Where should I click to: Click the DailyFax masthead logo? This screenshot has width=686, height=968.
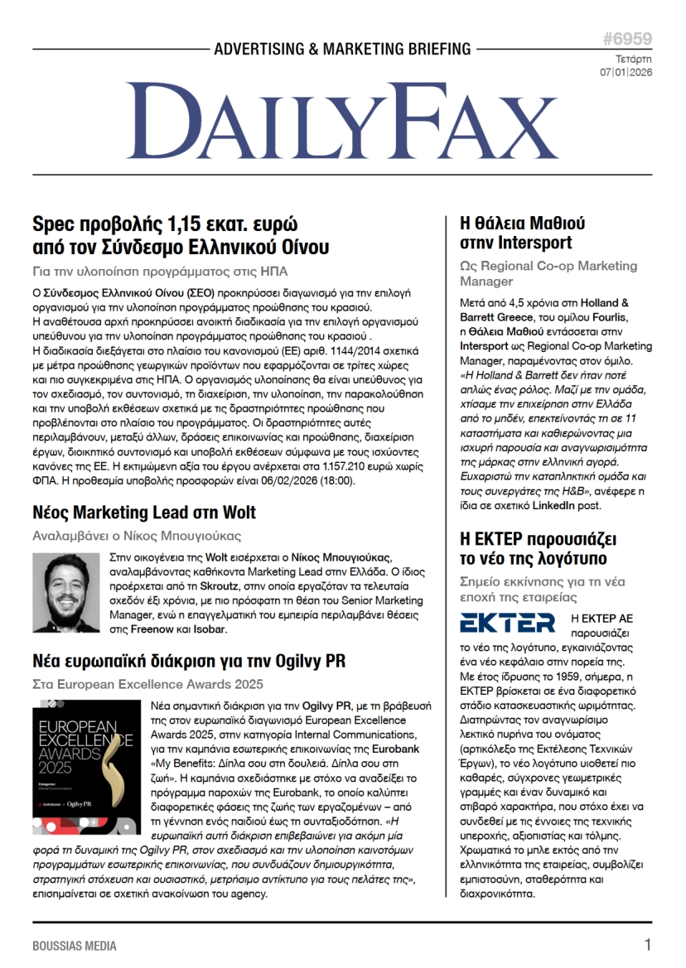coord(342,123)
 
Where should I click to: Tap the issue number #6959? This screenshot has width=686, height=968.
coord(627,39)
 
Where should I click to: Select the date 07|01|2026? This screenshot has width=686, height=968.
coord(626,73)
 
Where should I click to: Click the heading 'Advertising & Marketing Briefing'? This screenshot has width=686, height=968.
coord(342,50)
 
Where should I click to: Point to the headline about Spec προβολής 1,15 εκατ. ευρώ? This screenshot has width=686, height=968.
coord(181,235)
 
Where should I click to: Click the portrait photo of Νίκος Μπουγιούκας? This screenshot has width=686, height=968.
coord(66,592)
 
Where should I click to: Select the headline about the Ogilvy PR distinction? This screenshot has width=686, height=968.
coord(189,661)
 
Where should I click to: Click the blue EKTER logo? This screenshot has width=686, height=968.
coord(507,622)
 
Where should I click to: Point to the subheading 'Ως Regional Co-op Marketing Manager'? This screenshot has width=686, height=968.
coord(548,273)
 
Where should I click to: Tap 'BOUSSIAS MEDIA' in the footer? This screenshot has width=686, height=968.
coord(75,946)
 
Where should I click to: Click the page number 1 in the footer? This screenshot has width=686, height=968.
coord(648,945)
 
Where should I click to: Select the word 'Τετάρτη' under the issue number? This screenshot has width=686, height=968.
coord(634,60)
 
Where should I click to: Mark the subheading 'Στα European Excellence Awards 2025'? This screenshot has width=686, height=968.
coord(147,684)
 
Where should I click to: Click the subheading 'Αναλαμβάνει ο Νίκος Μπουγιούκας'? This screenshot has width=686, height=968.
coord(137,535)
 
